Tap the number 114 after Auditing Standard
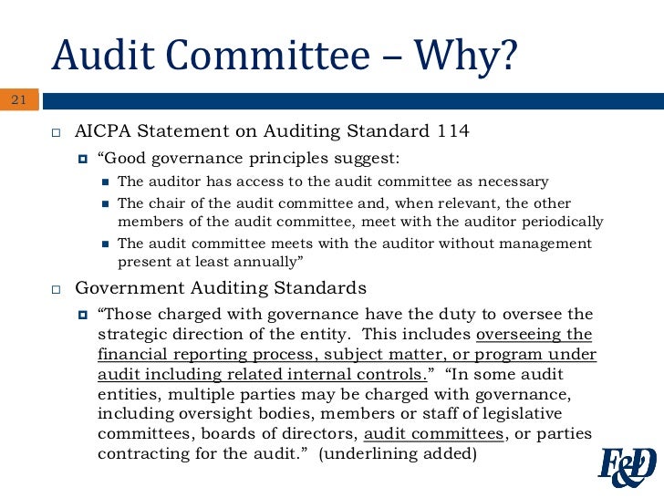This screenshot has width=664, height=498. (451, 131)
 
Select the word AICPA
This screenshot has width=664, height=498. (104, 131)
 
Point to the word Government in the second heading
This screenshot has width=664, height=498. (129, 288)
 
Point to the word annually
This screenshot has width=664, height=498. (269, 261)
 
